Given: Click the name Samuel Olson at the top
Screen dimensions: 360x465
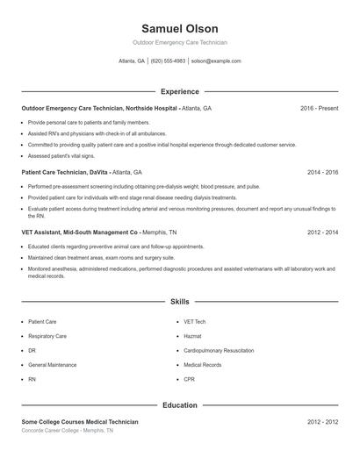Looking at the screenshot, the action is point(179,29).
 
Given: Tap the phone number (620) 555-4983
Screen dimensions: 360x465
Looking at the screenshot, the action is point(168,61).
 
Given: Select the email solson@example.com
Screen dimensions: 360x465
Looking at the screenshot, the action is point(215,61).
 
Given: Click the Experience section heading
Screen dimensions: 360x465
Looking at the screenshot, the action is point(179,91).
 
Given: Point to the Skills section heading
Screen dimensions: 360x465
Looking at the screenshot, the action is point(179,301).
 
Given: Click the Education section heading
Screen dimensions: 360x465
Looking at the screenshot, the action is point(179,405).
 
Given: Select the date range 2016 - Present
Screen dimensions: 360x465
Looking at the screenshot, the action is point(319,108).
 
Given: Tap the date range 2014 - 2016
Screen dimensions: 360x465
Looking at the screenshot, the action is point(322,173).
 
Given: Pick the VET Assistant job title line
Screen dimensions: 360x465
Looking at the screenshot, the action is point(80,232).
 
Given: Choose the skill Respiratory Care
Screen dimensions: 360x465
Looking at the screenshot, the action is point(47,336).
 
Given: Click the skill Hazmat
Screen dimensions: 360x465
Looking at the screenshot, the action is point(193,336).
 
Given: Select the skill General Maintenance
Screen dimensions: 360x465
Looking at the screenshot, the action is point(52,364).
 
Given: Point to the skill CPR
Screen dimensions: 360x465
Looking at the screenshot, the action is point(190,378).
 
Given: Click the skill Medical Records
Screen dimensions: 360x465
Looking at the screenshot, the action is point(202,364).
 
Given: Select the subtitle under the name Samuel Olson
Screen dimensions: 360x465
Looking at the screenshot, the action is point(179,42).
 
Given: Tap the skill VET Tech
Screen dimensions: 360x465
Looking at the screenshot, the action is point(195,322).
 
